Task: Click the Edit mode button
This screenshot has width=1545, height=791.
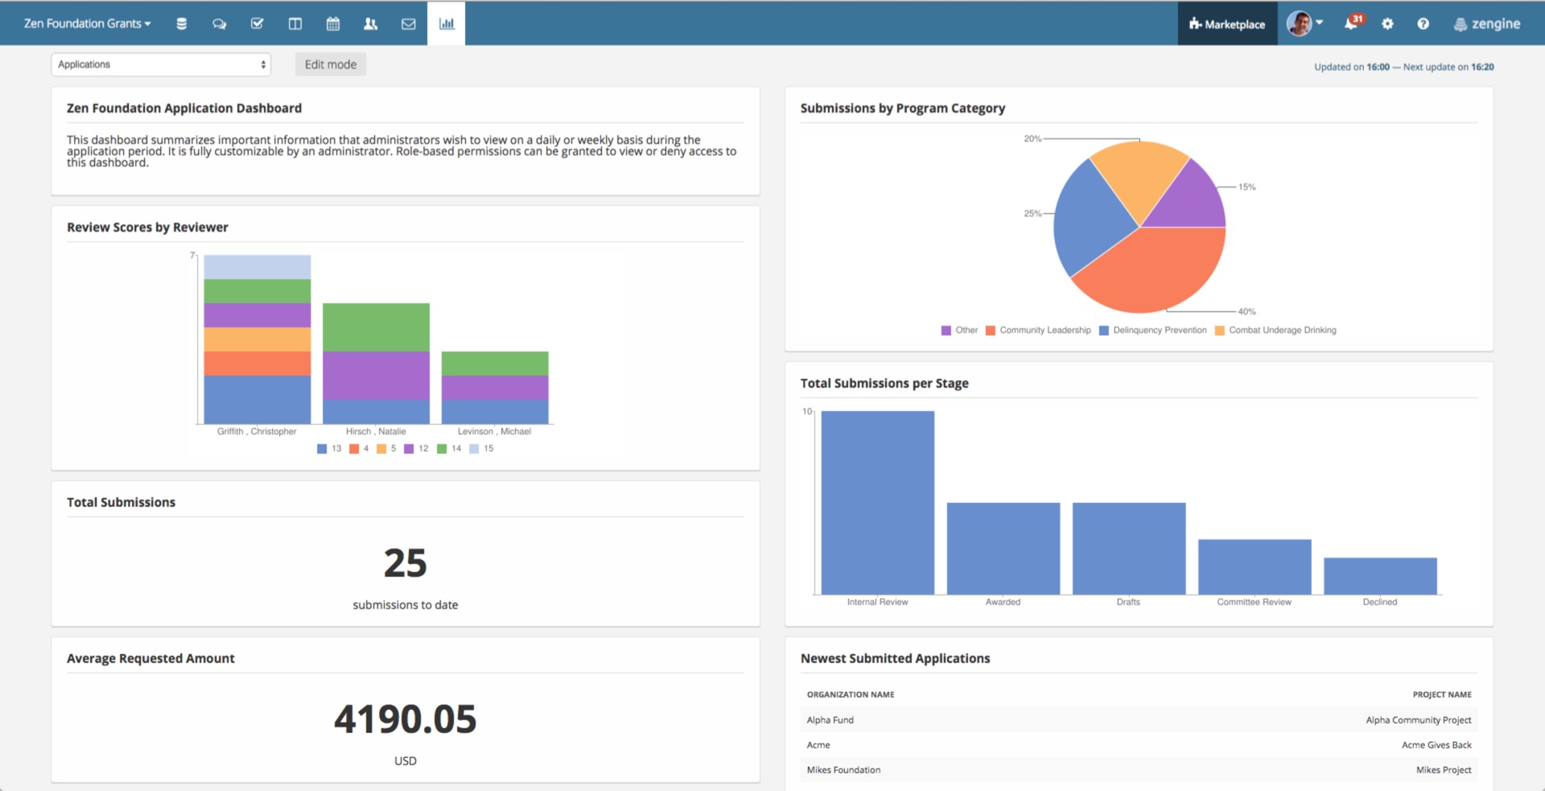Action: [330, 64]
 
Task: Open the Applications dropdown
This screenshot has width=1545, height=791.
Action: [161, 64]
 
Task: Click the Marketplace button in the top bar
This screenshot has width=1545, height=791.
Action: [1227, 24]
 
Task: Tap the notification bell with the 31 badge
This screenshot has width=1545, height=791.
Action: [1352, 23]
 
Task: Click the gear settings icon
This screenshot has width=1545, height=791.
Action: [1387, 24]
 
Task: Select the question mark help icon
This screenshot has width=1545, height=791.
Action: [1423, 24]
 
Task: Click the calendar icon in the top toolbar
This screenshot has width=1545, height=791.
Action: [333, 24]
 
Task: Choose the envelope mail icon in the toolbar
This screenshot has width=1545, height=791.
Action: [409, 24]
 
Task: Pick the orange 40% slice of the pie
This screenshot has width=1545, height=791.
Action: [1151, 270]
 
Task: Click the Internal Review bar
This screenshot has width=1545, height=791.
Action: [877, 503]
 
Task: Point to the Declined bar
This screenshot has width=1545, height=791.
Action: [1380, 576]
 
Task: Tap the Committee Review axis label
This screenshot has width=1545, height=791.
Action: [1254, 602]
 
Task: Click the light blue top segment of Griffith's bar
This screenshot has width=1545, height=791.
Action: [257, 266]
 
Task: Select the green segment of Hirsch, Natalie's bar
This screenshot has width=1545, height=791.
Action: [376, 327]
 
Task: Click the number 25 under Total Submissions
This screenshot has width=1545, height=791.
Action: [406, 562]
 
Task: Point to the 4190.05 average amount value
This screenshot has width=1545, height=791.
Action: [406, 719]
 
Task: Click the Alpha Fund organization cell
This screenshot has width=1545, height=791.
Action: [830, 720]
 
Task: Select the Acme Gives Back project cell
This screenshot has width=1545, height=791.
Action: [1436, 745]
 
